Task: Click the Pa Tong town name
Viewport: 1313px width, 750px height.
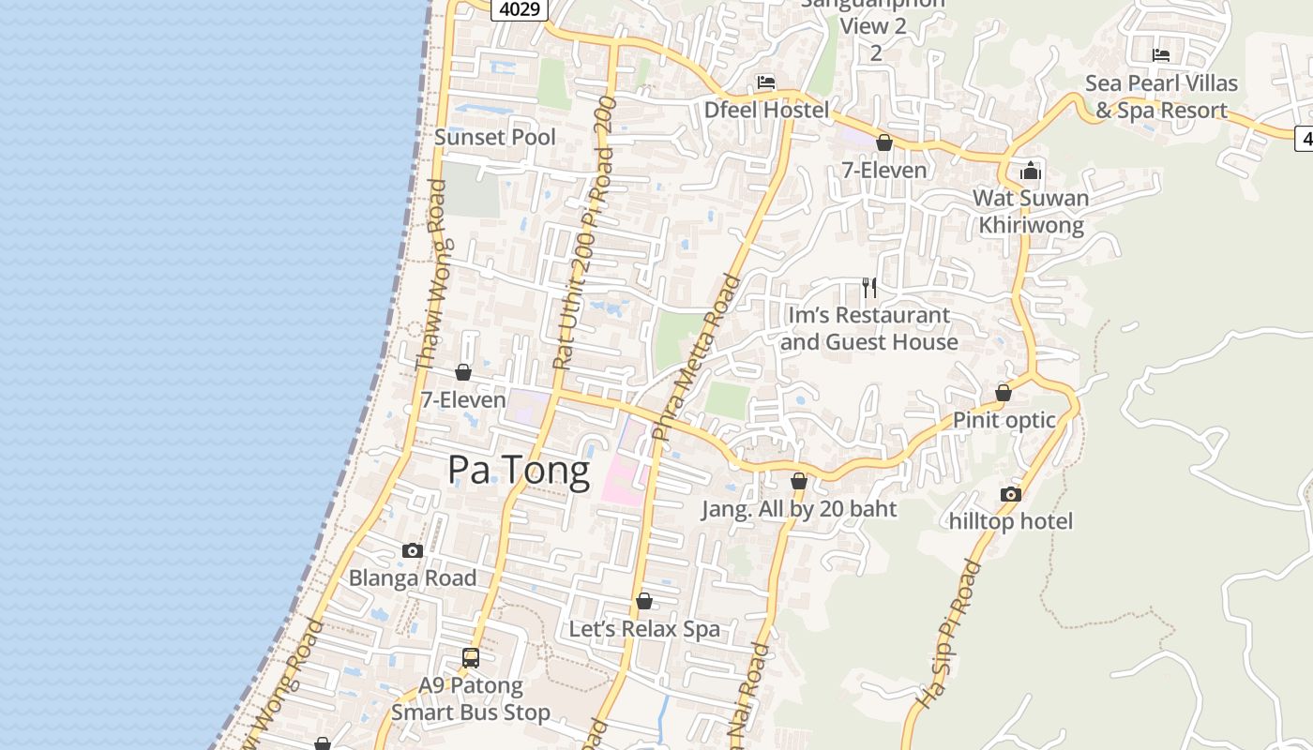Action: tap(519, 470)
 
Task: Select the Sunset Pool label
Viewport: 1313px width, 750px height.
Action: tap(495, 137)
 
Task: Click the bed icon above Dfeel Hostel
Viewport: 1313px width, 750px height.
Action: tap(766, 82)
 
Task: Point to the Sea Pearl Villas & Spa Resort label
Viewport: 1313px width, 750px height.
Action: tap(1161, 97)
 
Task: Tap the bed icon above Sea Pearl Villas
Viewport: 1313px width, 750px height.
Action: tap(1161, 55)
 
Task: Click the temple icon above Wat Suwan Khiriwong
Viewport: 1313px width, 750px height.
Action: tap(1031, 171)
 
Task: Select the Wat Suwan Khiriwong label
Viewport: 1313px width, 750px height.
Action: tap(1031, 211)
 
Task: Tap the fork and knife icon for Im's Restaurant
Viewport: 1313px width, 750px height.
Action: tap(869, 288)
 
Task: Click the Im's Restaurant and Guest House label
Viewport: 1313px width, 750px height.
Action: tap(869, 328)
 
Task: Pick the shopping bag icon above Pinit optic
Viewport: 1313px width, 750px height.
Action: tap(1004, 393)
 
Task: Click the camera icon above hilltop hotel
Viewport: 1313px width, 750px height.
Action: tap(1010, 494)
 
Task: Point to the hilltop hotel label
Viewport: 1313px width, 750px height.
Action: tap(1010, 521)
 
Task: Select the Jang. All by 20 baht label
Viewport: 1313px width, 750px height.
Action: tap(799, 509)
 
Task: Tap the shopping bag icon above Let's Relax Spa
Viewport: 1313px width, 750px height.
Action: tap(644, 601)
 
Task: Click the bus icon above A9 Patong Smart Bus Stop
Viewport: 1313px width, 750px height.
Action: tap(471, 658)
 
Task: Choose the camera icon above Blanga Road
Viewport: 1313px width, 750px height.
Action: tap(413, 550)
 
